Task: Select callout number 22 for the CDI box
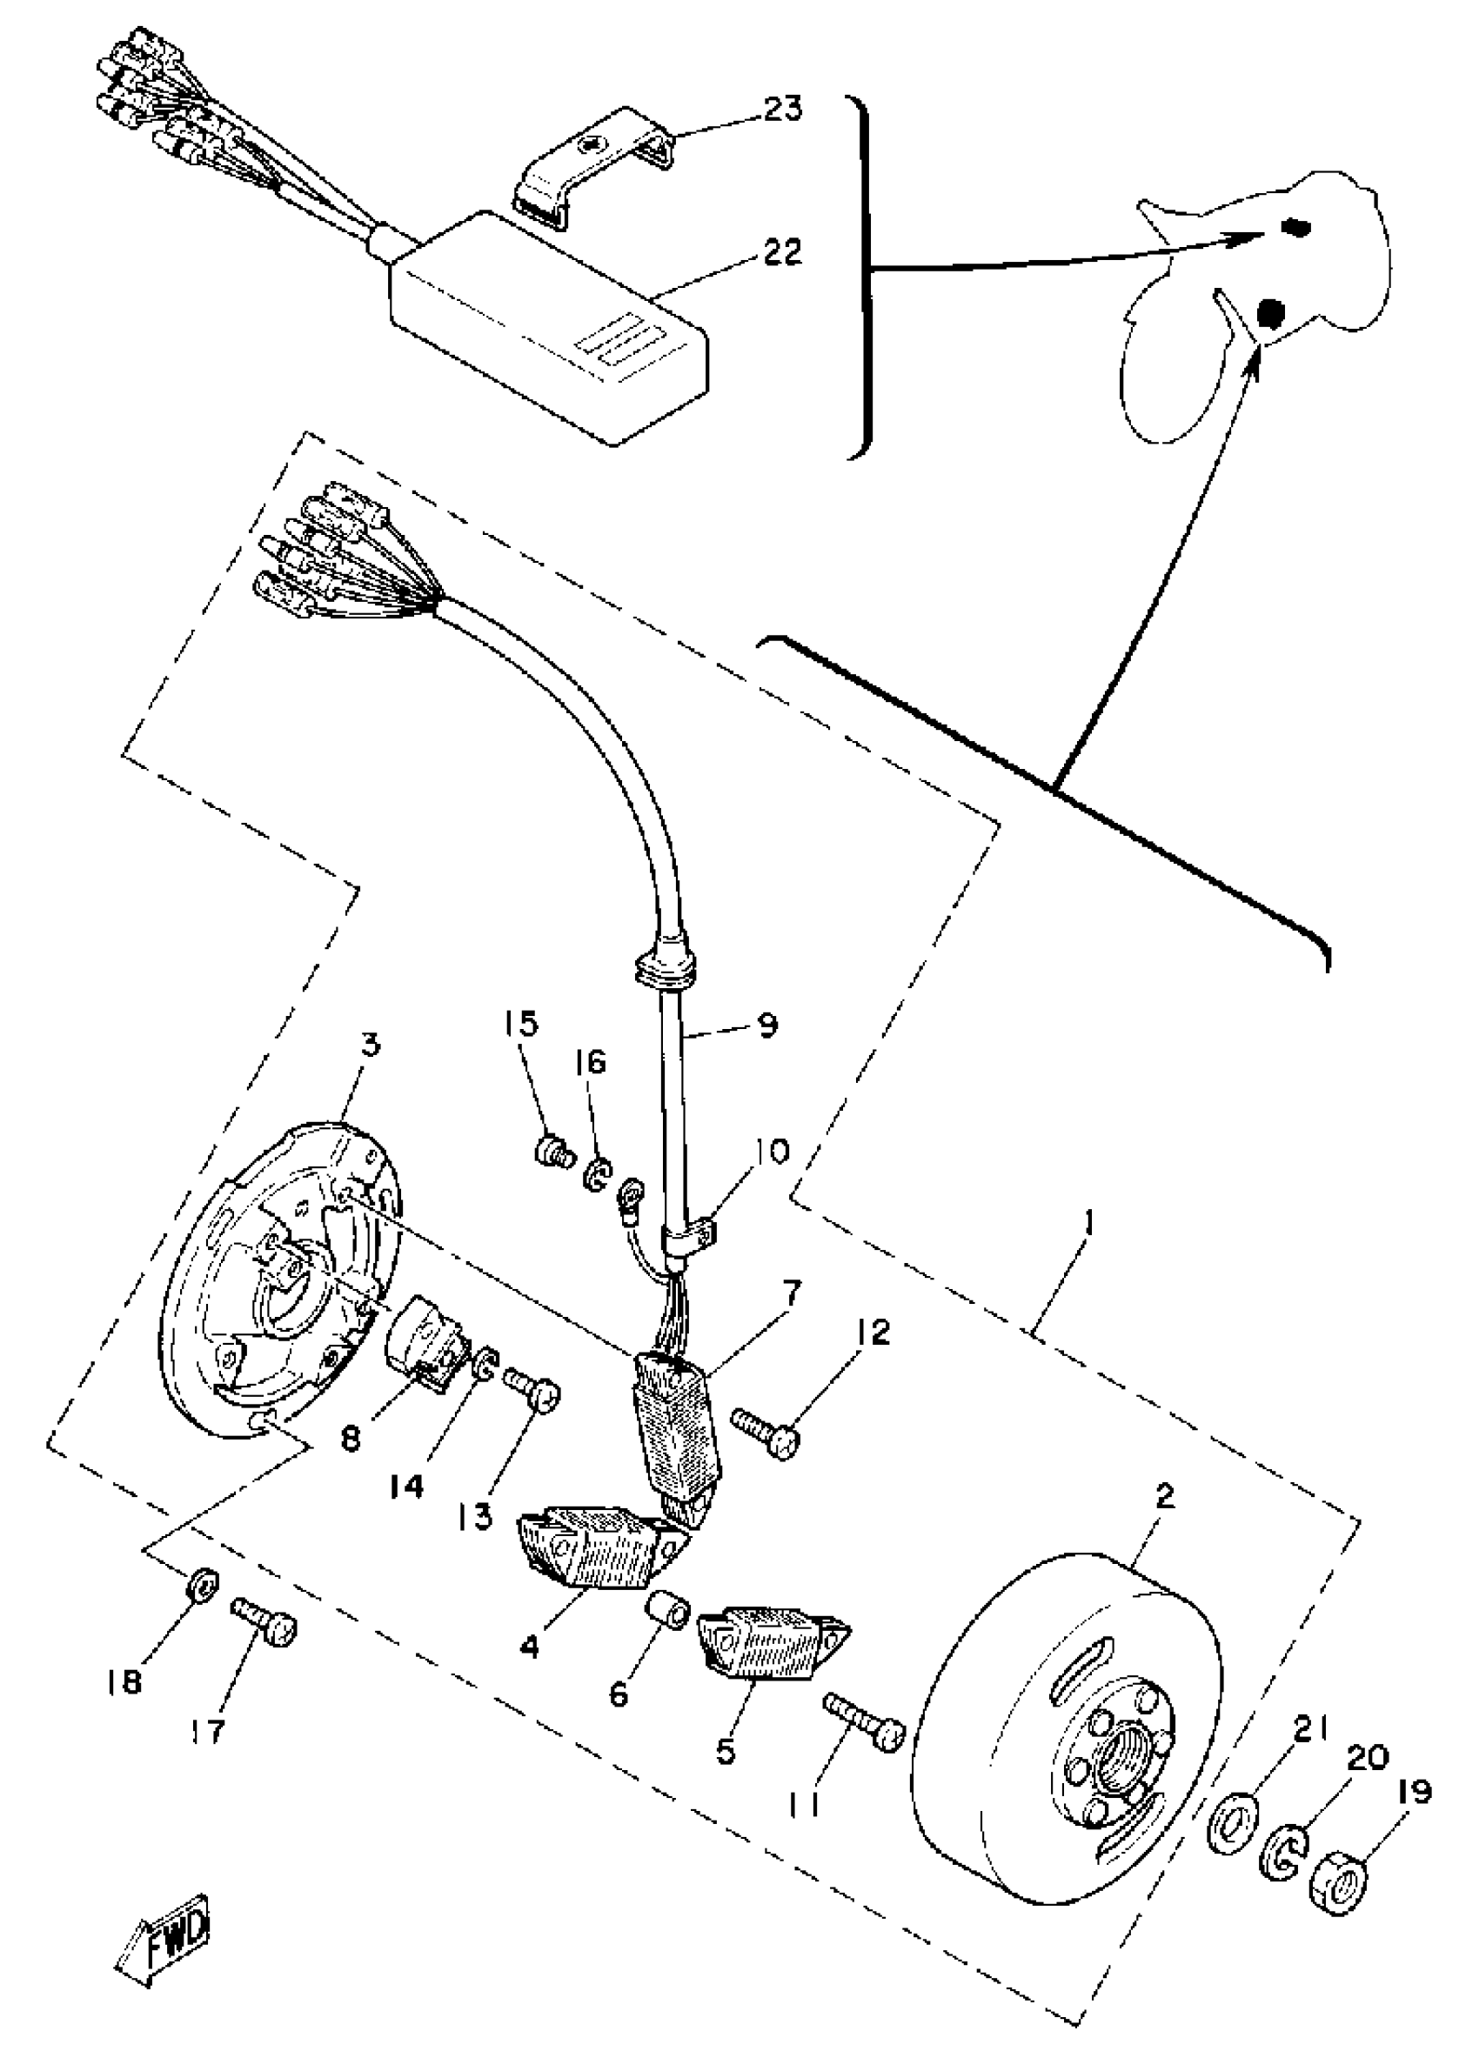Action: coord(781,252)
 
